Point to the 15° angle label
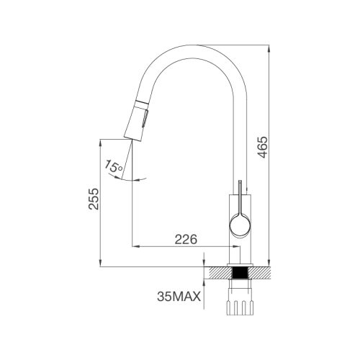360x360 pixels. (x=114, y=167)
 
